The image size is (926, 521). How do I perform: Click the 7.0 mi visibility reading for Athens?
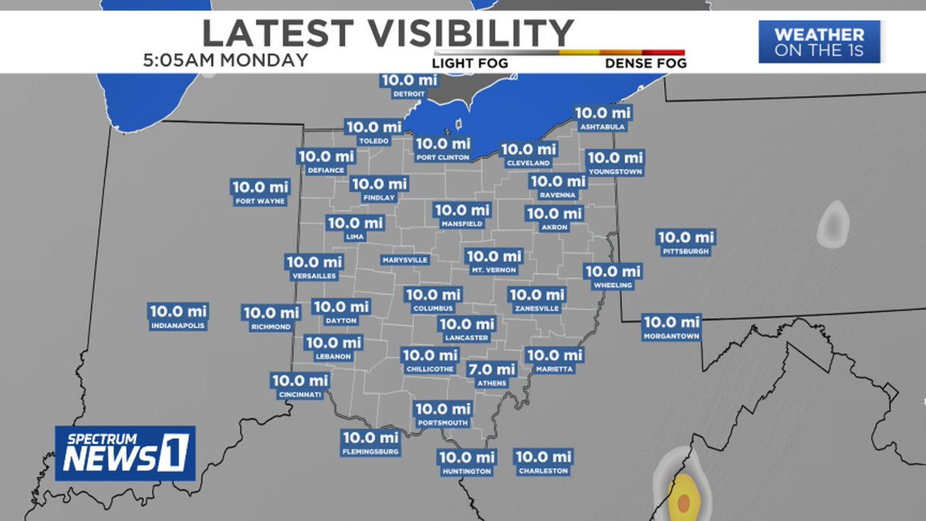tap(492, 370)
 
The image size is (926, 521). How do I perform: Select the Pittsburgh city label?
tap(685, 252)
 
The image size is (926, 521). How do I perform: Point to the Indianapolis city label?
tap(178, 326)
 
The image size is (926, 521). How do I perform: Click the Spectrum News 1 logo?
tap(125, 453)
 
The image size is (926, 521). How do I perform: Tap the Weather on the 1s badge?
tap(819, 42)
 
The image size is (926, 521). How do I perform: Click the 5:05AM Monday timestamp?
tap(225, 59)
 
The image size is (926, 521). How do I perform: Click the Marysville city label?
tap(404, 260)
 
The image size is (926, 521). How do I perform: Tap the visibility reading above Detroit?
tap(409, 80)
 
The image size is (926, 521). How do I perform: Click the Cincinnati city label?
tap(299, 394)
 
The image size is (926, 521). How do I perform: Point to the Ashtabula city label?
tap(603, 127)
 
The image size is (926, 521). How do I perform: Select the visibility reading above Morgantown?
tap(671, 322)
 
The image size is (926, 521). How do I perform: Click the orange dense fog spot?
tap(683, 502)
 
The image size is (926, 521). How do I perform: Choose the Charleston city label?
tap(542, 471)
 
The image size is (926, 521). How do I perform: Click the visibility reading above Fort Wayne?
tap(260, 187)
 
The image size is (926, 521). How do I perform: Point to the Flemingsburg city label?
tap(372, 452)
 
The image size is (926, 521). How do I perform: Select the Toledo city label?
tap(373, 141)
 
